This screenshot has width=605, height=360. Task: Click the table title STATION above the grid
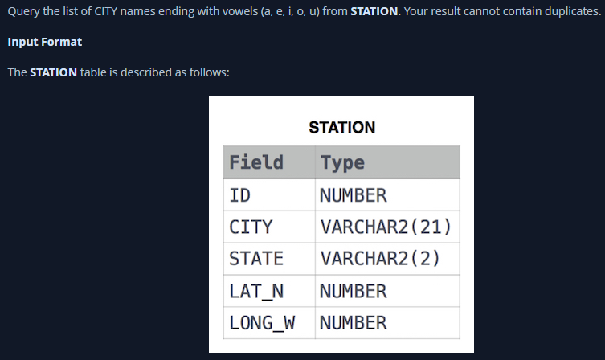pyautogui.click(x=341, y=127)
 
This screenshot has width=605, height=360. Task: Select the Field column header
pyautogui.click(x=256, y=162)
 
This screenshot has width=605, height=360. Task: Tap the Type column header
pyautogui.click(x=342, y=162)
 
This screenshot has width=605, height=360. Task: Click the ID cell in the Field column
pyautogui.click(x=240, y=195)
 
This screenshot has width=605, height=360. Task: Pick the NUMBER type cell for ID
pyautogui.click(x=353, y=195)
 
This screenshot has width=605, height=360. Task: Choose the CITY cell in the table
pyautogui.click(x=251, y=227)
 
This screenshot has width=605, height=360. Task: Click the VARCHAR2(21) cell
pyautogui.click(x=385, y=227)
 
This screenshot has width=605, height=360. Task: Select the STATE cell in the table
pyautogui.click(x=256, y=259)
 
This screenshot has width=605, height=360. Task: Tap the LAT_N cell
pyautogui.click(x=256, y=291)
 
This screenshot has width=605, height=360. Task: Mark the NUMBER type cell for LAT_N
pyautogui.click(x=353, y=291)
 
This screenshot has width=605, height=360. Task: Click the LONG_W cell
pyautogui.click(x=262, y=323)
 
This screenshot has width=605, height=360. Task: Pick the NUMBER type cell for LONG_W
pyautogui.click(x=353, y=323)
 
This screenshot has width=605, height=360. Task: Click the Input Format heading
pyautogui.click(x=45, y=41)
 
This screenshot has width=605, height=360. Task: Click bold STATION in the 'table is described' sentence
pyautogui.click(x=54, y=72)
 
